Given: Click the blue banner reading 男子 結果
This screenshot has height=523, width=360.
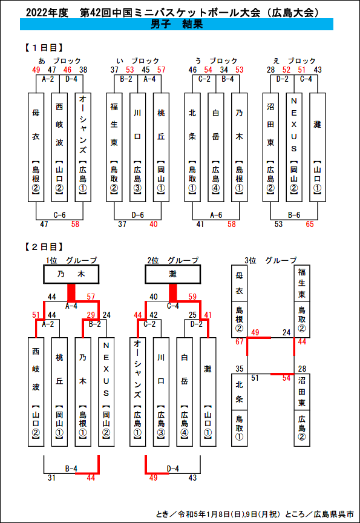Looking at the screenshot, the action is coord(176,24).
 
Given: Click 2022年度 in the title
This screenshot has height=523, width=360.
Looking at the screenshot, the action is coord(47,13).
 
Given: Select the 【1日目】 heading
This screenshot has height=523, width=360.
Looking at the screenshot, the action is coord(43,48).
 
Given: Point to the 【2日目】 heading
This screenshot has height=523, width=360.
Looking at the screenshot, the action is coord(43,247).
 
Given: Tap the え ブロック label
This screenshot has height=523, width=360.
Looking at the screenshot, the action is coord(293,61).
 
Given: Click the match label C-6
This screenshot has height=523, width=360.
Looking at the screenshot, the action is coord(59,215).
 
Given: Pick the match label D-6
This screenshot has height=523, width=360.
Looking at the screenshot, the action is coord(138,215).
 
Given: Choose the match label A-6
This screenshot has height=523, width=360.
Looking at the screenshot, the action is coord(216,215).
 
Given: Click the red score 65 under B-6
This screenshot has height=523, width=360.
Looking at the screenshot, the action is coord(310,224).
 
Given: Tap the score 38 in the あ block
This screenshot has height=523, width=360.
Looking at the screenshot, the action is coord(83,70).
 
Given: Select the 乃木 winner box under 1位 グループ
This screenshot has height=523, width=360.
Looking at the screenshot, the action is coord(71,274).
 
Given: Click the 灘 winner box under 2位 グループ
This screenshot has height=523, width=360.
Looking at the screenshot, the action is coord(172,274).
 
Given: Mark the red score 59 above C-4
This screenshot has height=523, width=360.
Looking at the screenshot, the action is coord(192,297).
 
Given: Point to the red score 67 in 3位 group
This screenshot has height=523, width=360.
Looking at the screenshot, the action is coord(240,342).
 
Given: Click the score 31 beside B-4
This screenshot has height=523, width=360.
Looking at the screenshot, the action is coord(51,478).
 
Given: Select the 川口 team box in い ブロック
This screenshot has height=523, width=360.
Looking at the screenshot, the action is coord(138,148).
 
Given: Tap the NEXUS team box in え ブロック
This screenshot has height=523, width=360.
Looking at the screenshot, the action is coord(294,148).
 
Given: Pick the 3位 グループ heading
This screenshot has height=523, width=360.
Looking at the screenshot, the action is coord(270,260).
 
